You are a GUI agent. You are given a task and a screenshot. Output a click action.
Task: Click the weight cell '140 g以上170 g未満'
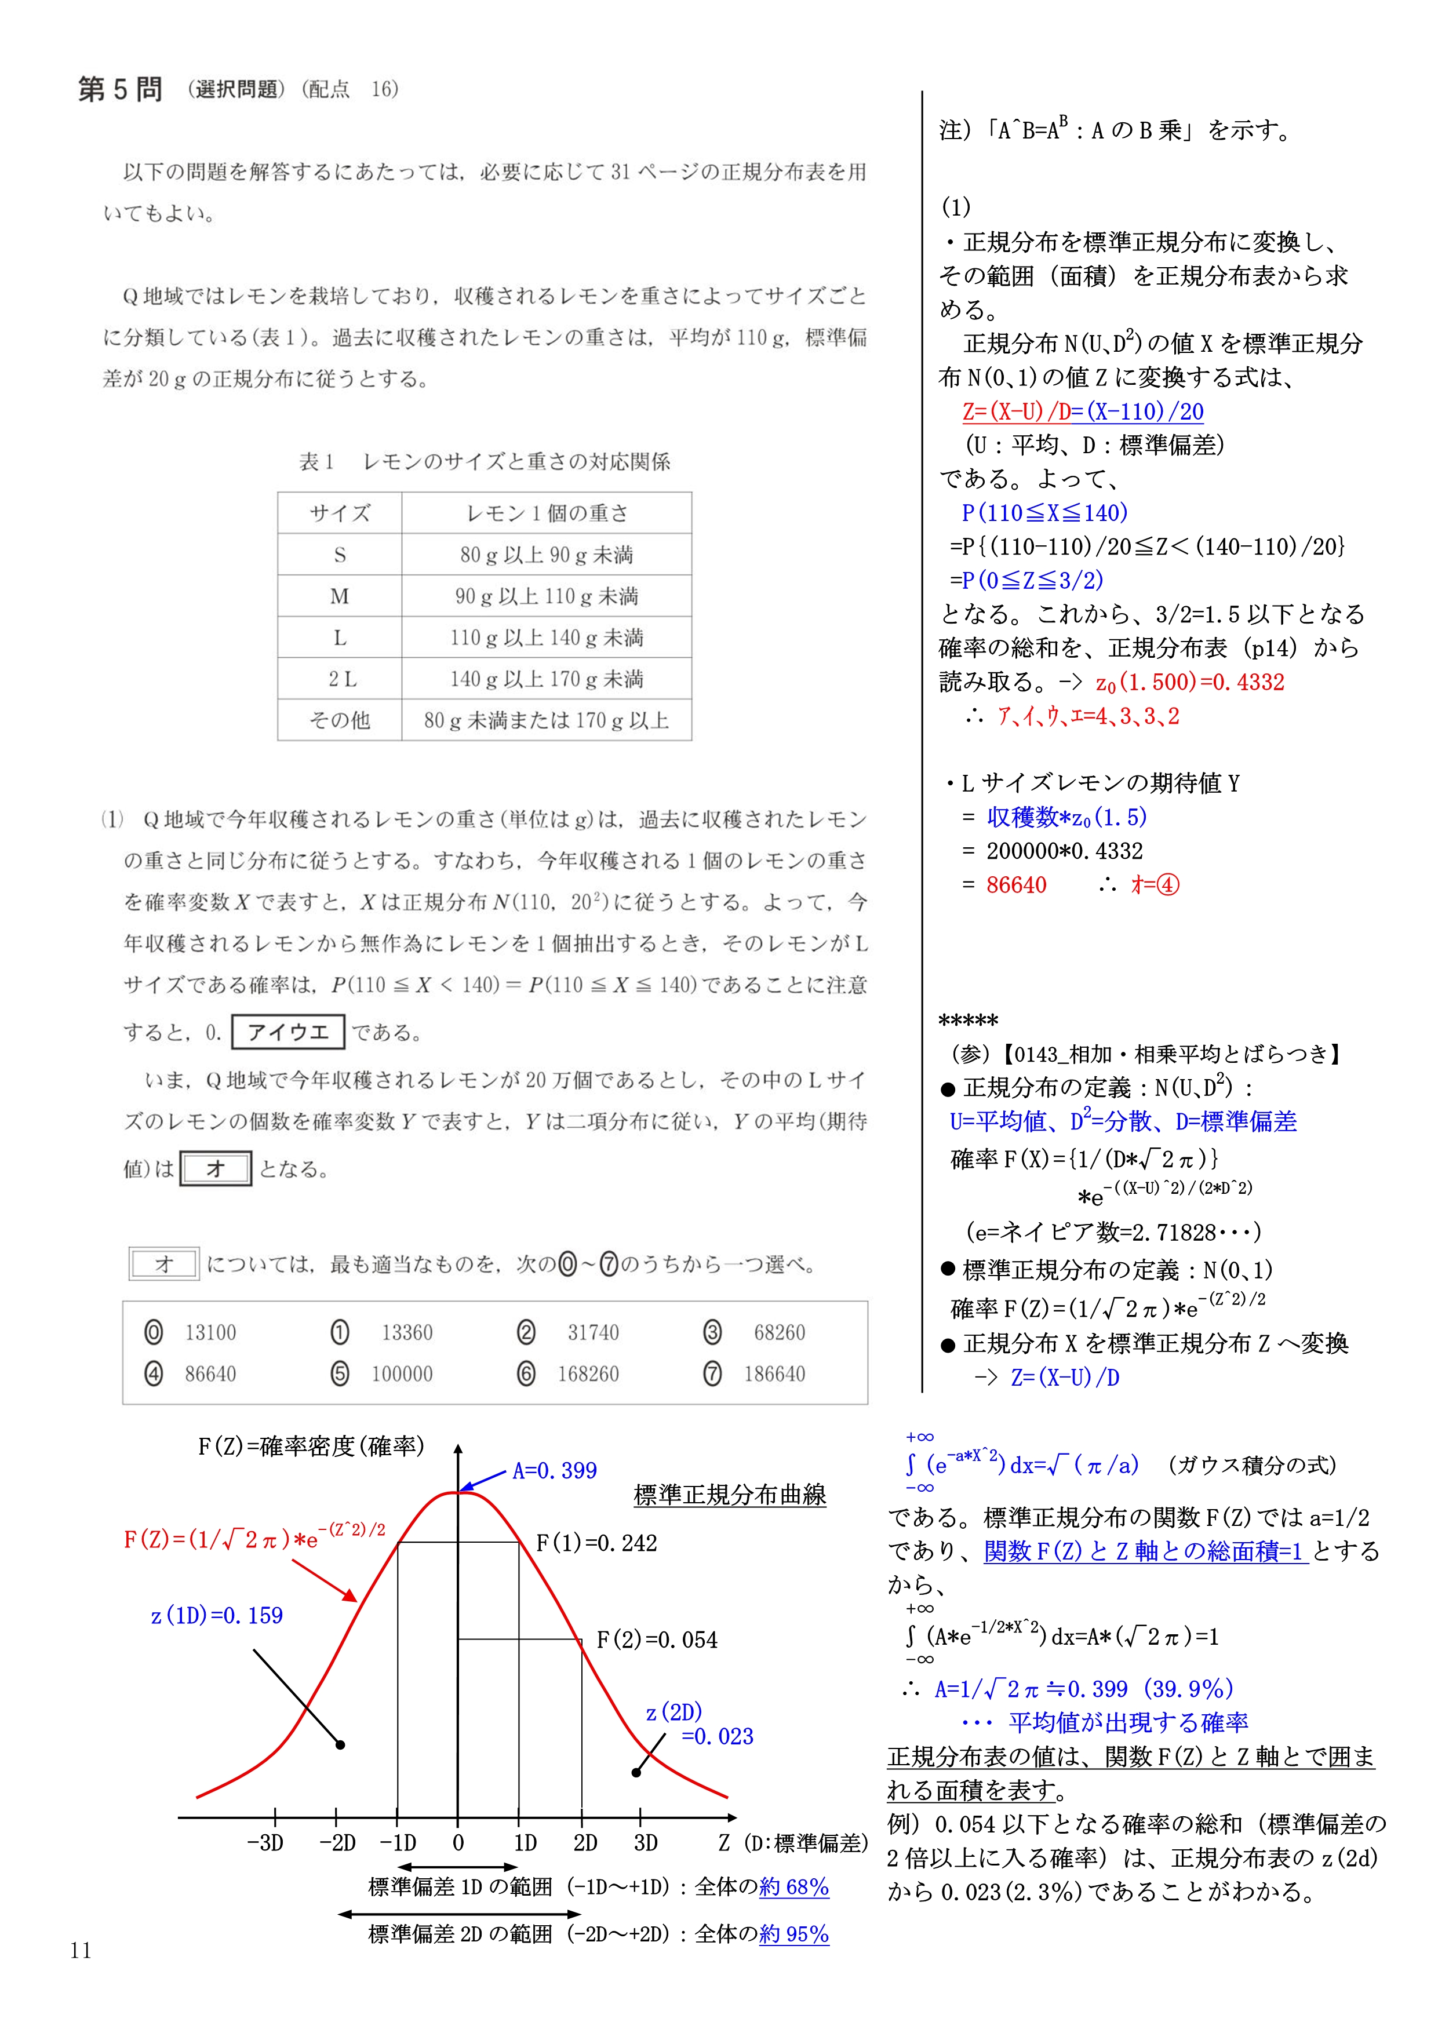coord(547,679)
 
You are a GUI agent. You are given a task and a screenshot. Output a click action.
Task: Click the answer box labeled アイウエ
coord(288,1033)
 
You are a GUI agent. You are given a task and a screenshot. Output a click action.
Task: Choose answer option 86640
coord(210,1374)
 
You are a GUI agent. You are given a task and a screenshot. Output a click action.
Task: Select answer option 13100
coord(210,1332)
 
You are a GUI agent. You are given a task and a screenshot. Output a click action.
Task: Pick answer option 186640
coord(774,1374)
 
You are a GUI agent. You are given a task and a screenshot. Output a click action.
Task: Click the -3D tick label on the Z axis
coord(265,1843)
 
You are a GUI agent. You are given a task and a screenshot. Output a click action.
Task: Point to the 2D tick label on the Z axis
coord(585,1843)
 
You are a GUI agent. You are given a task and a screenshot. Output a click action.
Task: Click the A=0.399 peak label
coord(554,1471)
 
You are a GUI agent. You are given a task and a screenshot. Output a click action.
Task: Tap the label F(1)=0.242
coord(597,1543)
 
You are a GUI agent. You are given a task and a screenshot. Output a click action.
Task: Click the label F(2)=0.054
coord(656,1640)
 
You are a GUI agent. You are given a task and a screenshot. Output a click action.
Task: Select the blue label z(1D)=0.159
coord(217,1616)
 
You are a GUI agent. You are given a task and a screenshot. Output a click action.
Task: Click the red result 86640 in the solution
coord(1015,884)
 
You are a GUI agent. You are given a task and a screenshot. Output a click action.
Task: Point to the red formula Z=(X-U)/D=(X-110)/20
coord(1082,411)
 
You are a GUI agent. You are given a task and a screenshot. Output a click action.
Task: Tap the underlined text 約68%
coord(793,1887)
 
